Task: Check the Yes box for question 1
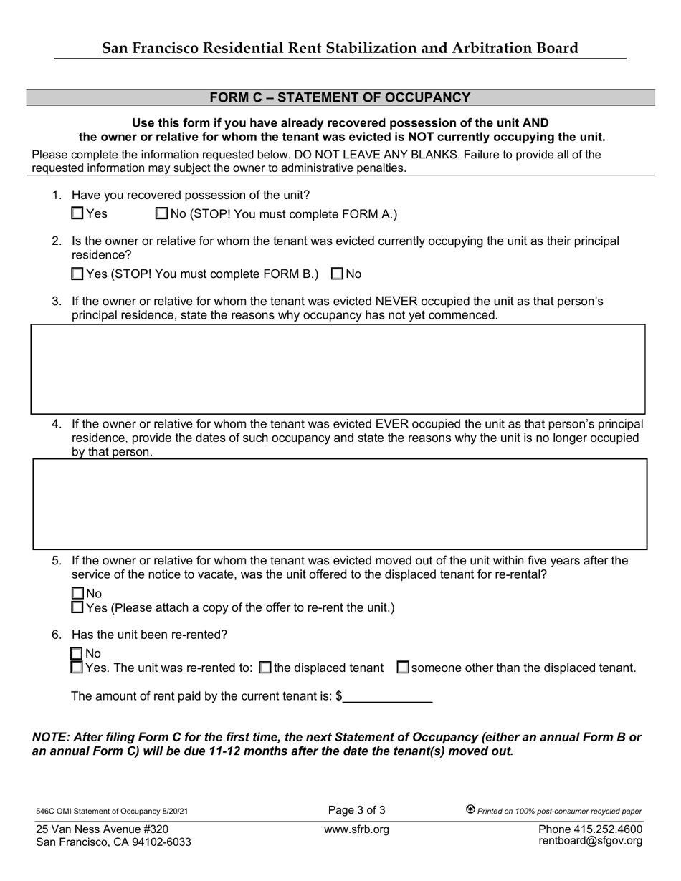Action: click(78, 213)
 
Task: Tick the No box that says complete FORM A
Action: click(161, 213)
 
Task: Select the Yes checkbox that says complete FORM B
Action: click(78, 274)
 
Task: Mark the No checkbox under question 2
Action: click(337, 274)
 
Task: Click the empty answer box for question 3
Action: click(338, 369)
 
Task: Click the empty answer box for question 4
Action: click(340, 504)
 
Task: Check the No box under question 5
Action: click(78, 593)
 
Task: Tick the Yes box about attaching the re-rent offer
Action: click(78, 607)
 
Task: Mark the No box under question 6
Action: click(77, 653)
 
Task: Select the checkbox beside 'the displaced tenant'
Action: click(265, 668)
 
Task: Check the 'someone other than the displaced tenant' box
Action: click(403, 668)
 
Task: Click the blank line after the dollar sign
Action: click(388, 697)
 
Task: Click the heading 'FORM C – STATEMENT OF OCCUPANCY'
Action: click(340, 97)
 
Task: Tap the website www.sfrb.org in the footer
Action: click(356, 829)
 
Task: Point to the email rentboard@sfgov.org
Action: click(590, 841)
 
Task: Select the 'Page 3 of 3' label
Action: click(356, 810)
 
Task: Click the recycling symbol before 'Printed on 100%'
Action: click(470, 809)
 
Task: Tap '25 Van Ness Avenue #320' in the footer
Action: click(103, 829)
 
